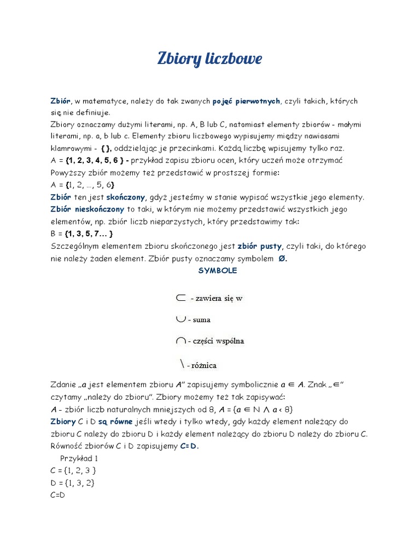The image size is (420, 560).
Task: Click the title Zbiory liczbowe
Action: click(x=209, y=59)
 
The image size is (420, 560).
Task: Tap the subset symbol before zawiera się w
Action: click(x=181, y=297)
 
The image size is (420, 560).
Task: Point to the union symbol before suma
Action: click(x=180, y=319)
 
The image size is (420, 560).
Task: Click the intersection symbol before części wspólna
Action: click(x=180, y=341)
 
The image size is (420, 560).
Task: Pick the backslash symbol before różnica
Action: click(x=181, y=363)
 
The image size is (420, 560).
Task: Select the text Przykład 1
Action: click(x=79, y=458)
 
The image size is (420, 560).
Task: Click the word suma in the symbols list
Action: click(x=201, y=319)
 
